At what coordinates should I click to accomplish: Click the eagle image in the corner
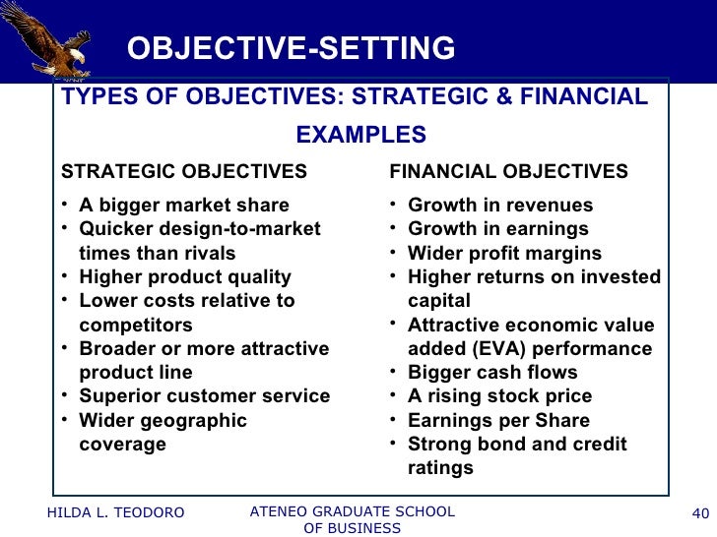49,39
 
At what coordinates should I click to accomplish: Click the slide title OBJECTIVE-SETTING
291,48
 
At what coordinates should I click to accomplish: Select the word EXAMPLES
360,135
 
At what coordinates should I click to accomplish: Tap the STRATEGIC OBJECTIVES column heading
184,172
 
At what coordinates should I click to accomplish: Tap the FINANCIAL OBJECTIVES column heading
508,172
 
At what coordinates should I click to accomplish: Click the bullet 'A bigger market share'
184,206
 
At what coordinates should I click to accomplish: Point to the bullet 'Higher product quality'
185,277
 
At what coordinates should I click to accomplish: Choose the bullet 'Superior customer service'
204,396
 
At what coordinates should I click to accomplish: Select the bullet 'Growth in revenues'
500,206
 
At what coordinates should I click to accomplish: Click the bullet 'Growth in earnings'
497,229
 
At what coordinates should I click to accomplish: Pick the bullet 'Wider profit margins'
504,254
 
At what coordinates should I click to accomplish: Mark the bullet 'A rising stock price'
499,396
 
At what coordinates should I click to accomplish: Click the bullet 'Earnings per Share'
498,421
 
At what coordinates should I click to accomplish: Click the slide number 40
701,512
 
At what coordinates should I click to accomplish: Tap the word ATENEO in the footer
282,511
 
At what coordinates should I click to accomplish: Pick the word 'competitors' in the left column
136,326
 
